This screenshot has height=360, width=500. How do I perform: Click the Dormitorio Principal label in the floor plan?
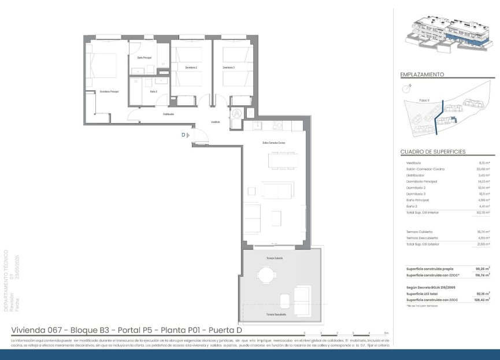[x=109, y=92]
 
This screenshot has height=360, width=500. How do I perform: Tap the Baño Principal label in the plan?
[x=144, y=58]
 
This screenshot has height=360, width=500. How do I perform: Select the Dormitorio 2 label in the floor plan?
[x=191, y=68]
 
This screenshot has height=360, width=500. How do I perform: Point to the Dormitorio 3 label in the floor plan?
[x=229, y=68]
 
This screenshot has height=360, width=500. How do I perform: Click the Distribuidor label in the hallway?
[x=168, y=114]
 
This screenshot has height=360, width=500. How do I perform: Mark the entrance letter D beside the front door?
[x=183, y=135]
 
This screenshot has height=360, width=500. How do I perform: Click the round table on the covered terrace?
[x=266, y=274]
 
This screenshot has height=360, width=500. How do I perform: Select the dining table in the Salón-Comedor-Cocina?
[x=281, y=160]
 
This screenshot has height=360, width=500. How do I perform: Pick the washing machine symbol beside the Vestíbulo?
[x=236, y=113]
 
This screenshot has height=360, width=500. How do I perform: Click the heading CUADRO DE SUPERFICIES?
[x=433, y=152]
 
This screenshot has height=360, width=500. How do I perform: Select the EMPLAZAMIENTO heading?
[x=422, y=75]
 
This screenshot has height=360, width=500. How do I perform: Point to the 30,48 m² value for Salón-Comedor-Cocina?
[x=483, y=169]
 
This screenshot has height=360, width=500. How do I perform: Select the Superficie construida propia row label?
[x=429, y=269]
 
